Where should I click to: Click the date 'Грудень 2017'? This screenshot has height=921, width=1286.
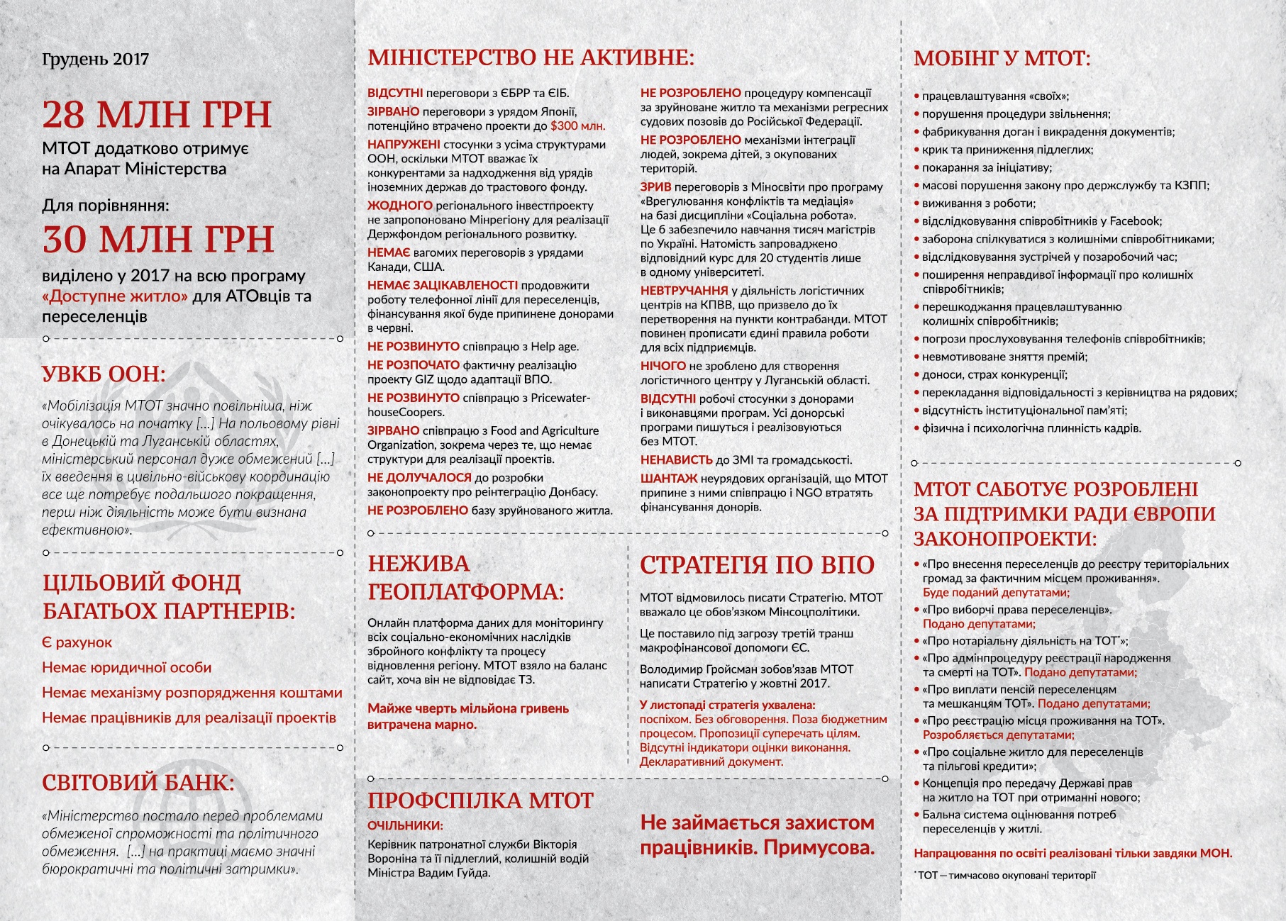[x=96, y=59]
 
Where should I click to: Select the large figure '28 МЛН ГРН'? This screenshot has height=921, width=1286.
[x=157, y=114]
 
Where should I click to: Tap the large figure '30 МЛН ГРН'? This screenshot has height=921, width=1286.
[x=158, y=239]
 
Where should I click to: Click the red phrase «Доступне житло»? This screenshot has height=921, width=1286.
[x=115, y=296]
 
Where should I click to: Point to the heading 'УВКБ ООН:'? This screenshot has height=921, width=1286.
[x=104, y=374]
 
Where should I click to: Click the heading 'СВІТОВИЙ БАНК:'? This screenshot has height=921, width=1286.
[x=138, y=783]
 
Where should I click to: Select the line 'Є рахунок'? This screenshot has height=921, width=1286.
[x=77, y=642]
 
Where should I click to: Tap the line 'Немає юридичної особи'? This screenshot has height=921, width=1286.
[x=126, y=667]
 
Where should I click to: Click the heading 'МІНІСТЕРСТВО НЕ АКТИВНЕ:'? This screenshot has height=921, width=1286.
[x=531, y=57]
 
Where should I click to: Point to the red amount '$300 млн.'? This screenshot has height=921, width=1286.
[x=577, y=126]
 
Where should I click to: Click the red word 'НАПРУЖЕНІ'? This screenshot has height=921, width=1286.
[x=404, y=145]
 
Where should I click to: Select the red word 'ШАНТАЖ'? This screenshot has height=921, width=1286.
[x=669, y=479]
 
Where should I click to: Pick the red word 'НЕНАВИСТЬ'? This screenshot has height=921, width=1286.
[x=676, y=460]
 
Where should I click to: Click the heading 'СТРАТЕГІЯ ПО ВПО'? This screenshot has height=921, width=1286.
[x=757, y=565]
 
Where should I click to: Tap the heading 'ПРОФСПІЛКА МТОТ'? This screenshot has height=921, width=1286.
[x=480, y=800]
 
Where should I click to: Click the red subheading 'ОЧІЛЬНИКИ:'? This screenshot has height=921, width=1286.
[x=405, y=825]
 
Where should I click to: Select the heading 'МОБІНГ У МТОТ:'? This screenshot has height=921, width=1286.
[x=1002, y=58]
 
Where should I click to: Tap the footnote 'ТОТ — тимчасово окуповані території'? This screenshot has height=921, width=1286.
[x=1007, y=875]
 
